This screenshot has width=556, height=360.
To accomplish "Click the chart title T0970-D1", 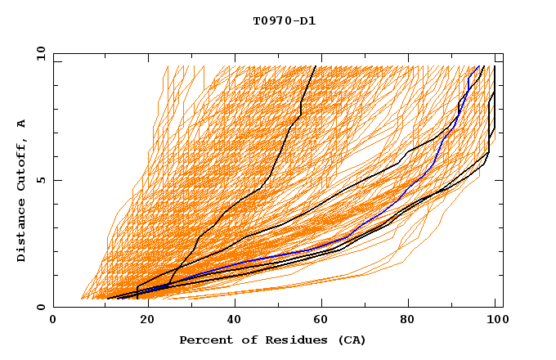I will click(x=284, y=21).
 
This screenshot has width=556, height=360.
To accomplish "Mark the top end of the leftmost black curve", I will click(x=316, y=66).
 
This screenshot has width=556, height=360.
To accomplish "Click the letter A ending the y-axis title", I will click(x=21, y=124).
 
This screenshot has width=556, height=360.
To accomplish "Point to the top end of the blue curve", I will click(x=478, y=66).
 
